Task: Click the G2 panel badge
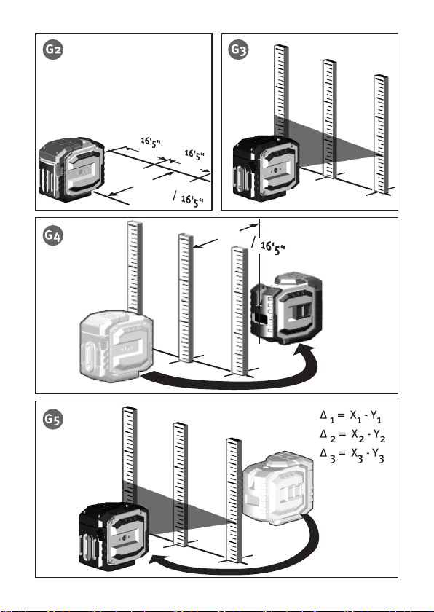[x=53, y=50]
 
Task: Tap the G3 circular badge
[x=238, y=50]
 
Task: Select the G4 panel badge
[x=53, y=235]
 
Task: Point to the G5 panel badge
[x=53, y=419]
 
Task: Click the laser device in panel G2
[x=72, y=169]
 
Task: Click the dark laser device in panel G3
[x=266, y=168]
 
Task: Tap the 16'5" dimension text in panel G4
[x=273, y=248]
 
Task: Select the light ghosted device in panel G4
[x=117, y=346]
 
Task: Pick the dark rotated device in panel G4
[x=287, y=308]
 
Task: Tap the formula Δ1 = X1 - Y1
[x=350, y=416]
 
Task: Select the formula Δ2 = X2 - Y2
[x=352, y=435]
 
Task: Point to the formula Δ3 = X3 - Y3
[x=352, y=455]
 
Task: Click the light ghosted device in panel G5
[x=278, y=488]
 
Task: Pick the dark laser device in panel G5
[x=114, y=538]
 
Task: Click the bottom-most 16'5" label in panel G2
[x=192, y=200]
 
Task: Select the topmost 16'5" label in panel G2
[x=151, y=143]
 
